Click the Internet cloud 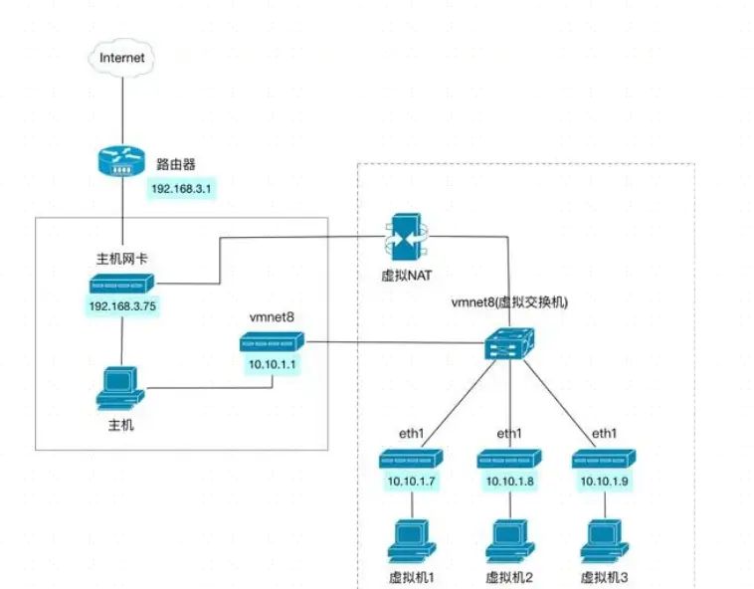122,57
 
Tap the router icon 121,161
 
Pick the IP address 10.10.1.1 272,365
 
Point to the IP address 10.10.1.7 411,482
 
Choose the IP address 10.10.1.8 509,482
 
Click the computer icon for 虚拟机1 411,539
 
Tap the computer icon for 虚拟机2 509,539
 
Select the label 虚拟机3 606,577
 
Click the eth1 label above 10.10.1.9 605,433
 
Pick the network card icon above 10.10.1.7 411,458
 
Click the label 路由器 175,162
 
